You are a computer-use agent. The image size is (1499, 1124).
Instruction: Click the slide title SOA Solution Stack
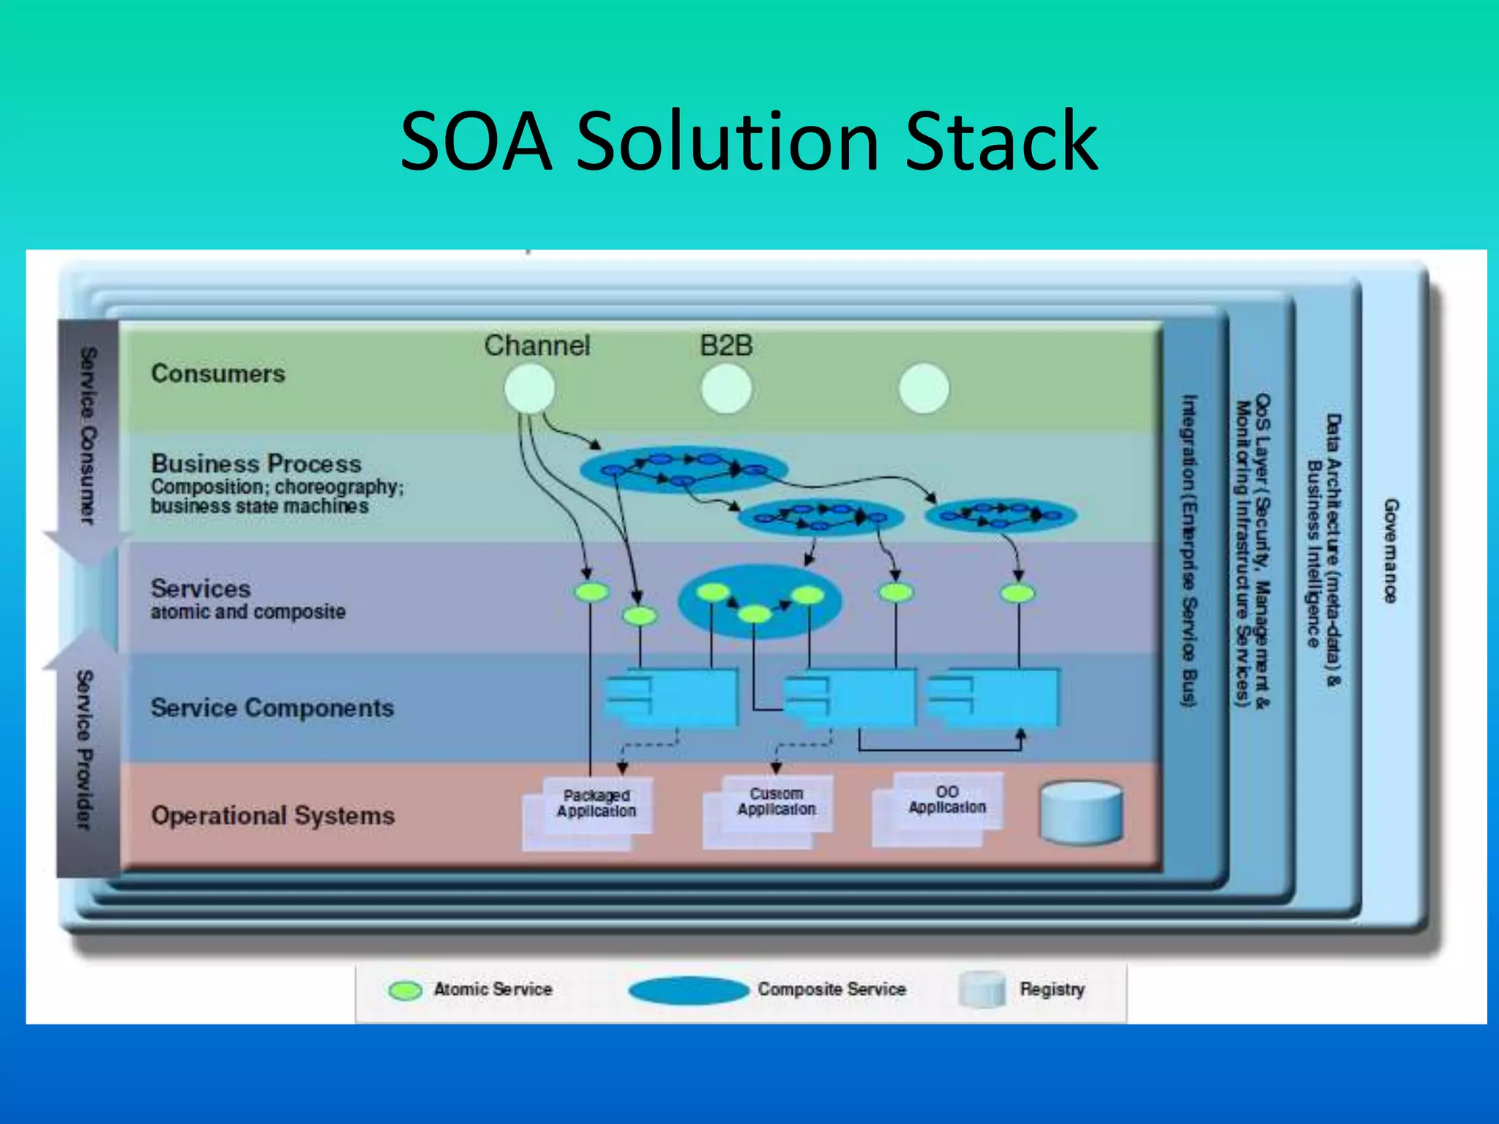748,141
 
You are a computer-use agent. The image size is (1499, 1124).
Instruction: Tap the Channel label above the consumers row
537,345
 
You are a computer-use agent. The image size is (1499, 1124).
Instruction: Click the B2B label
725,345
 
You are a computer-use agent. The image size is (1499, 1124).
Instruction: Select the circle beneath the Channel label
529,389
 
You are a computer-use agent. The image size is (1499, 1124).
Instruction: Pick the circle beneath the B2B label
726,389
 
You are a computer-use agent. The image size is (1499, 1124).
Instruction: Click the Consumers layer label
218,374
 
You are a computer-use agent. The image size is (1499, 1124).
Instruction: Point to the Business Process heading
256,463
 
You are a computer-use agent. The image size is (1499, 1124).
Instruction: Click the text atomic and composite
248,612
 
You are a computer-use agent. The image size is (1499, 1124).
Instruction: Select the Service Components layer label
272,708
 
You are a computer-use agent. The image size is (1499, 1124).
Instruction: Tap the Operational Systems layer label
273,815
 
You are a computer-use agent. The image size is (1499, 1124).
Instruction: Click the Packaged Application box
596,804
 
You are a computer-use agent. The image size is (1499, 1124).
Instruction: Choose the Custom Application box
776,803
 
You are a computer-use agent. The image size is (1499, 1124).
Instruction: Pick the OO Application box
947,801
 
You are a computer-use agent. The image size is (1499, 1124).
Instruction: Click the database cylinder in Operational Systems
1081,812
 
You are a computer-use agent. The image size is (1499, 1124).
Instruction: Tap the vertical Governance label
1390,550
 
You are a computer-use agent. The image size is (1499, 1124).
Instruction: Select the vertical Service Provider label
85,750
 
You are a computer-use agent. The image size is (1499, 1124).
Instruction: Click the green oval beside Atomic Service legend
405,990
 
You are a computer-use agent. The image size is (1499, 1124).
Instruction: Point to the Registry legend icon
982,989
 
